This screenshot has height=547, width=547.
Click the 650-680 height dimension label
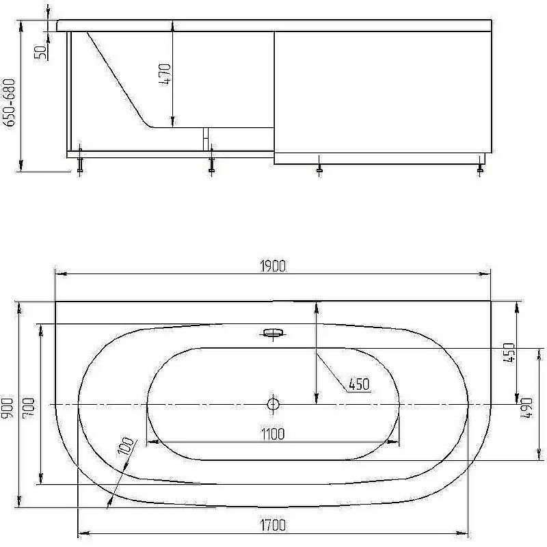coord(9,103)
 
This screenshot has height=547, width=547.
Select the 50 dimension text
coord(41,53)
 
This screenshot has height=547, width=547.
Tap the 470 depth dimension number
coord(165,75)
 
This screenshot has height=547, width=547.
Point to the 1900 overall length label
coord(273,267)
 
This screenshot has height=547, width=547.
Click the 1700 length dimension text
coord(273,524)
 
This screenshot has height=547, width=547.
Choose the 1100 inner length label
coord(273,434)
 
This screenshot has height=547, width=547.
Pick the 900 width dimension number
coord(8,408)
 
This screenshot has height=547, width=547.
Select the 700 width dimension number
coord(29,408)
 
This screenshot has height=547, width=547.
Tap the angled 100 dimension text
coord(126,446)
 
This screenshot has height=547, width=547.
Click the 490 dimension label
coord(526,408)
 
